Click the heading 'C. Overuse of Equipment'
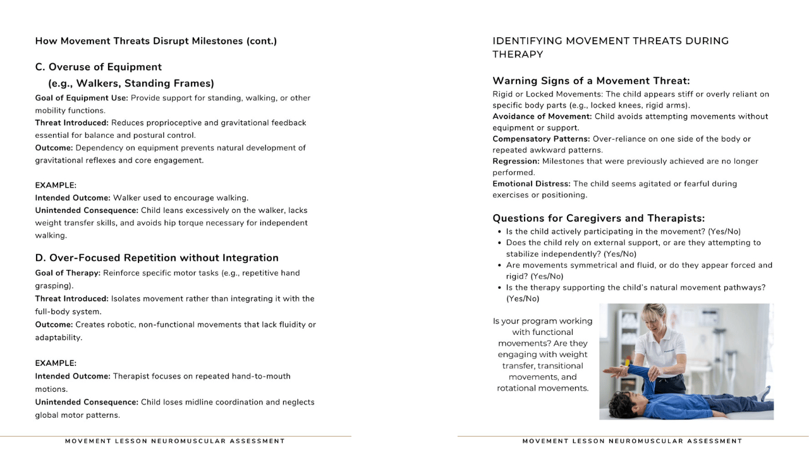(x=99, y=67)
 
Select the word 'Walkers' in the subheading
(x=97, y=83)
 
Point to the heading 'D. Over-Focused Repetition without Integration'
(x=157, y=258)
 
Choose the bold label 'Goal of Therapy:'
(x=68, y=273)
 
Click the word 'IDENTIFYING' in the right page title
(x=526, y=41)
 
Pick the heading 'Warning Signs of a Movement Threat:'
(x=591, y=81)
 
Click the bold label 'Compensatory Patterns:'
(x=540, y=138)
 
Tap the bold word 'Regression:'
(x=516, y=161)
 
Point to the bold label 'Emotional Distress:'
(x=531, y=184)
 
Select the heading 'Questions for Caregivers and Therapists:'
(x=599, y=219)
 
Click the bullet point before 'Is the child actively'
(x=500, y=232)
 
